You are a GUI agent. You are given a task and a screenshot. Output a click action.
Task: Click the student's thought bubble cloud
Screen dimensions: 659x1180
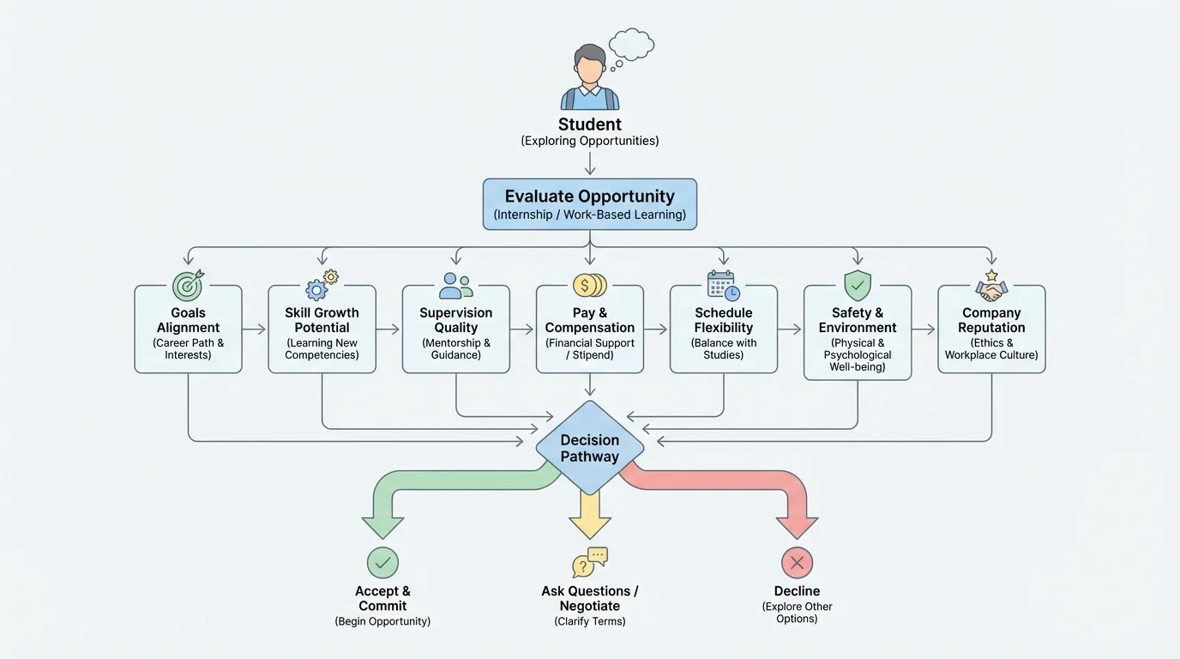pyautogui.click(x=632, y=44)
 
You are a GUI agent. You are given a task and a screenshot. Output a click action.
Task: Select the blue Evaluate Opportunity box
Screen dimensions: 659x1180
pyautogui.click(x=590, y=204)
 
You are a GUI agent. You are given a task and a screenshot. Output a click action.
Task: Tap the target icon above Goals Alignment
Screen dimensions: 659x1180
pyautogui.click(x=188, y=285)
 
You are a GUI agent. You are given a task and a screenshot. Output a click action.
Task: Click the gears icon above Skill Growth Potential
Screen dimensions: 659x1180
pyautogui.click(x=322, y=285)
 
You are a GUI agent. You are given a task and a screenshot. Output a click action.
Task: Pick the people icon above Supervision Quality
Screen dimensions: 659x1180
pyautogui.click(x=455, y=286)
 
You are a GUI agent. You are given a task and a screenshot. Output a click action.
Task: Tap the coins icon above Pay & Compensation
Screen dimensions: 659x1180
pyautogui.click(x=589, y=285)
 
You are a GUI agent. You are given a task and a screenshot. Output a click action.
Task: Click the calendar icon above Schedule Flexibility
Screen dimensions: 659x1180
pyautogui.click(x=723, y=286)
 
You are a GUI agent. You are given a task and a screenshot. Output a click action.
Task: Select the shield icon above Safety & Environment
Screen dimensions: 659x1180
pyautogui.click(x=858, y=285)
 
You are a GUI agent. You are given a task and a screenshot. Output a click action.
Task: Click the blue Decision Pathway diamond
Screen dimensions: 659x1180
pyautogui.click(x=590, y=447)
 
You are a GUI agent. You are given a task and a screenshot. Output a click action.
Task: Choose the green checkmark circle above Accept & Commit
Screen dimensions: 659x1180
pyautogui.click(x=382, y=563)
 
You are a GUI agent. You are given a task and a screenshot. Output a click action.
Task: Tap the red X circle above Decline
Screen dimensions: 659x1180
pyautogui.click(x=797, y=563)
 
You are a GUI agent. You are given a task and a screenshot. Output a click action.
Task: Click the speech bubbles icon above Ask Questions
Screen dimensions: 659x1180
pyautogui.click(x=590, y=562)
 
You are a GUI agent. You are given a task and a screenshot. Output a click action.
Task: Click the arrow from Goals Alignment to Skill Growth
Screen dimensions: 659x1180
pyautogui.click(x=255, y=329)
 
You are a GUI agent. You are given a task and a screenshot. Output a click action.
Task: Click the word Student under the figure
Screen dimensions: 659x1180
pyautogui.click(x=590, y=124)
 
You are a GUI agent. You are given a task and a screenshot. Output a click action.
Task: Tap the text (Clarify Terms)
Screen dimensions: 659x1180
pyautogui.click(x=590, y=621)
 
